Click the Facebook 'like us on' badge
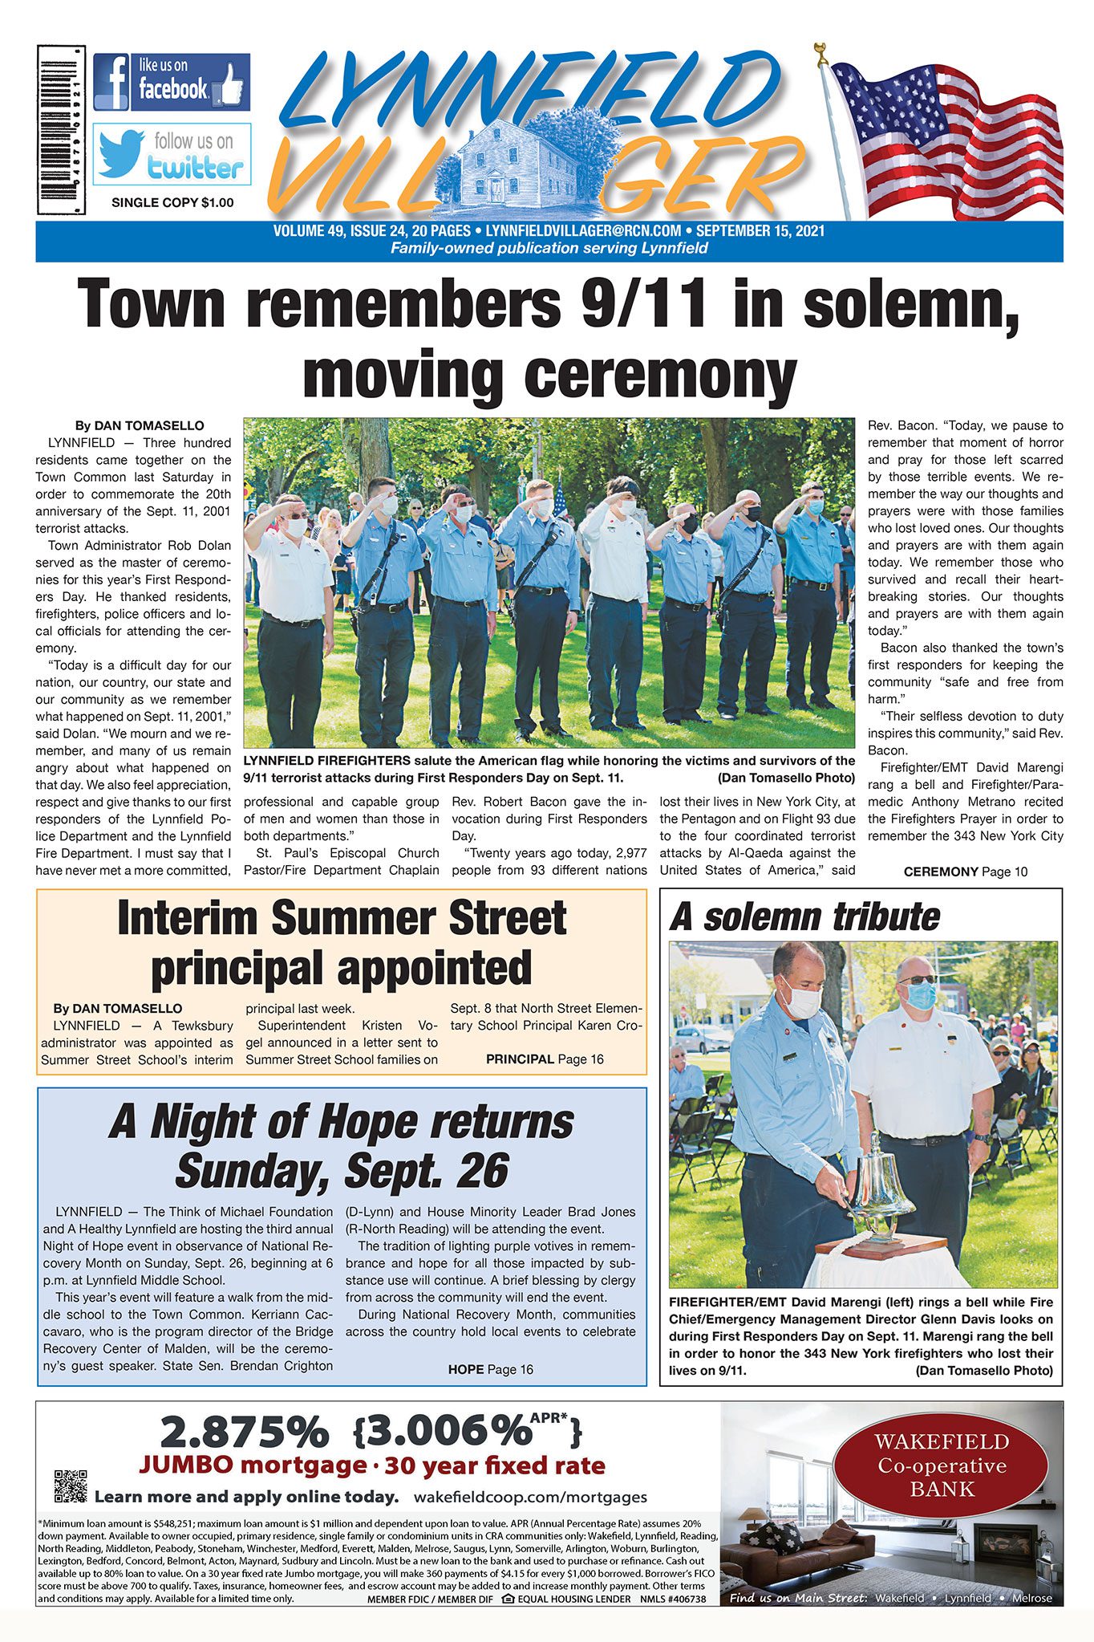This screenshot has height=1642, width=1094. coord(171,82)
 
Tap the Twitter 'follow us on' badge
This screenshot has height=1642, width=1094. coord(171,154)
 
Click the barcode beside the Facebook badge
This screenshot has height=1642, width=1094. coord(61,129)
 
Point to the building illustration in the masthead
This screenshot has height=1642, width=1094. coord(519,163)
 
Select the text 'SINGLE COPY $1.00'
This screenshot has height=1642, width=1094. coord(172,202)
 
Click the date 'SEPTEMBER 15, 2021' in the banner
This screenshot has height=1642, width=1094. coord(760,231)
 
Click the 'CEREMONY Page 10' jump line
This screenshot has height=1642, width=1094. coord(965,872)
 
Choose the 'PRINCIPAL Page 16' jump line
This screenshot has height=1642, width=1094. coord(545,1059)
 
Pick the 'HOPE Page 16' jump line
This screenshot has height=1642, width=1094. coord(490,1369)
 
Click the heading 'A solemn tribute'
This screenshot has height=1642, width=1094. coord(804,917)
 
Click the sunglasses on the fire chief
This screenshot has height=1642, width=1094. coord(917,980)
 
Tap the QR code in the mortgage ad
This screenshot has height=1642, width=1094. coord(70,1486)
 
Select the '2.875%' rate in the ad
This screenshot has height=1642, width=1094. coord(244,1433)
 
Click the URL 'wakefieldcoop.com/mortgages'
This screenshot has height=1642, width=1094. coord(530,1497)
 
